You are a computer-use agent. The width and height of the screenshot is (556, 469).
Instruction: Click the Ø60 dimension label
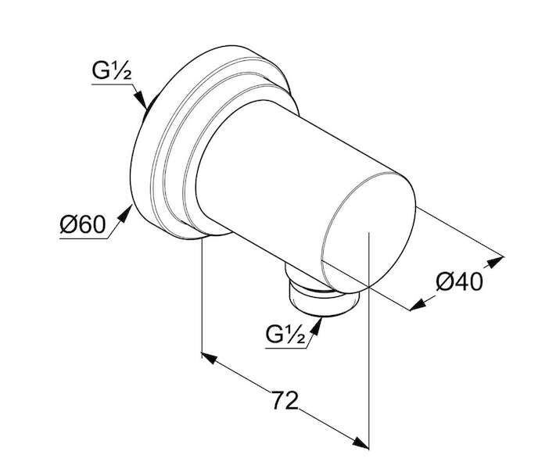(83, 224)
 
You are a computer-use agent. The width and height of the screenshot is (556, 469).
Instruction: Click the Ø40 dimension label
(459, 282)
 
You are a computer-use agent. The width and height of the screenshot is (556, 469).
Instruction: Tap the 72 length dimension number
(285, 400)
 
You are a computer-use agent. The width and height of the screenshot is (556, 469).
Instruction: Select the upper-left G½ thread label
(112, 72)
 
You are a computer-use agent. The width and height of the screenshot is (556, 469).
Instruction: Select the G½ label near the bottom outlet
(285, 335)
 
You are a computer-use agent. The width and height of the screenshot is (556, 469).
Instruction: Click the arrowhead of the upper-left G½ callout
(141, 99)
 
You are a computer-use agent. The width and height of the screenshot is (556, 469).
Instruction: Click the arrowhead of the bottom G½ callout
(316, 326)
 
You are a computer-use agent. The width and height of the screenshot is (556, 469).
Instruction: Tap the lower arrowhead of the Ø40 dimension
(418, 305)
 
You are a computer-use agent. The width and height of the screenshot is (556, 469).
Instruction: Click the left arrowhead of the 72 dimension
(209, 358)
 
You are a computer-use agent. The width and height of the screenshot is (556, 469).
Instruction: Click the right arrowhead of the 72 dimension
(361, 442)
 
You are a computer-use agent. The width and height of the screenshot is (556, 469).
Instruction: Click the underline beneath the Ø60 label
(84, 238)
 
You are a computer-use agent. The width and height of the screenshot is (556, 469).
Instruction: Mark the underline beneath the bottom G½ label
(285, 348)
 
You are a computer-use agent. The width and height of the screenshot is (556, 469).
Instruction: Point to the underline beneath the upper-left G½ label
(113, 84)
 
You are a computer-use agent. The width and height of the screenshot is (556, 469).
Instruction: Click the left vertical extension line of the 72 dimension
(202, 298)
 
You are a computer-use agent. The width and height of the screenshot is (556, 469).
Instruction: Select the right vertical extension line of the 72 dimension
(369, 340)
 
